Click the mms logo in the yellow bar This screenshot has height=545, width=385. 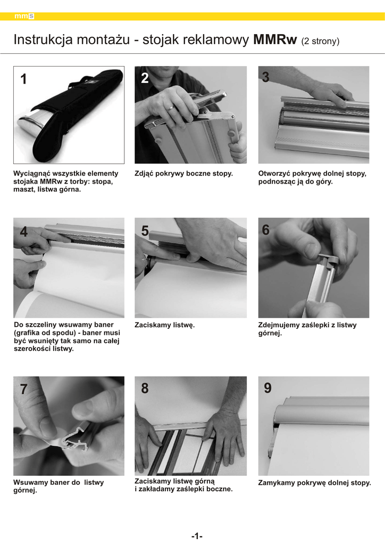[x=24, y=16]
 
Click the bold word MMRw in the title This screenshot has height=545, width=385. [x=275, y=39]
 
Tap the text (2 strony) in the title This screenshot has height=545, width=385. [x=320, y=41]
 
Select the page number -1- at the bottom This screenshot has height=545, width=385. [x=197, y=536]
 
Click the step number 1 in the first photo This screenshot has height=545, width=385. [x=23, y=79]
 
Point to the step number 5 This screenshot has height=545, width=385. [x=145, y=231]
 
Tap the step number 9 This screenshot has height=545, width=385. [x=267, y=388]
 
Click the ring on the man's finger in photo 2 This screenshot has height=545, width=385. [x=171, y=108]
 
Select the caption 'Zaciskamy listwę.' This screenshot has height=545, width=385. [x=164, y=325]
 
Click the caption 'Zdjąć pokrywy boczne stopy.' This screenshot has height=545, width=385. [x=183, y=174]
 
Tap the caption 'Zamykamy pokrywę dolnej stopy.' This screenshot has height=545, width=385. [x=314, y=483]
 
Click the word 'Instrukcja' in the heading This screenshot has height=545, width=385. [x=43, y=39]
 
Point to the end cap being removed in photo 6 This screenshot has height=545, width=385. [x=328, y=259]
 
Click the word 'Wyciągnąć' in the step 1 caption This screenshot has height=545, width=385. [x=31, y=174]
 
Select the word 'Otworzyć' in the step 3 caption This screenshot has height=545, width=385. [x=274, y=174]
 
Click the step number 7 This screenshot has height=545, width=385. [x=23, y=389]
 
